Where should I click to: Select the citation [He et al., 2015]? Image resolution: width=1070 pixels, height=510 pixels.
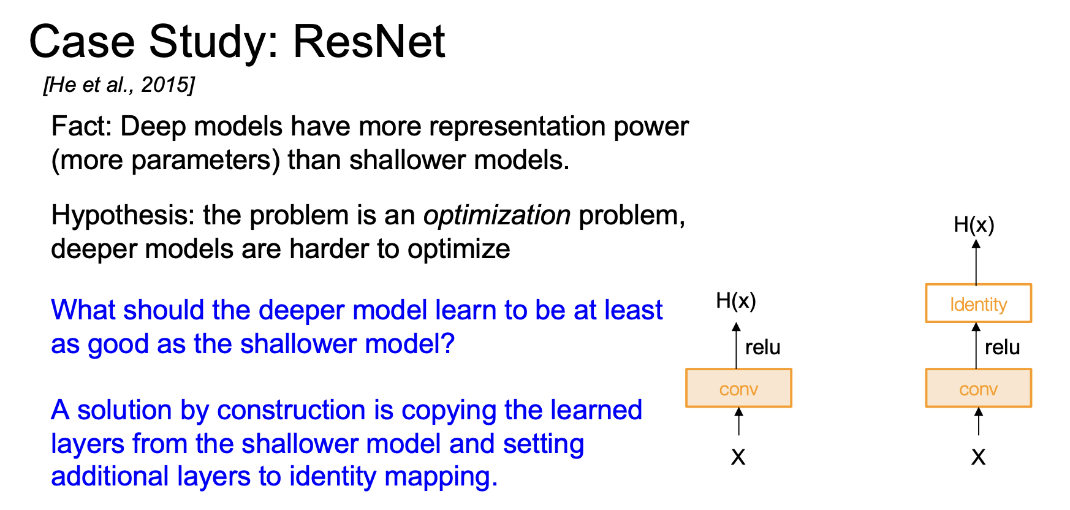pyautogui.click(x=119, y=85)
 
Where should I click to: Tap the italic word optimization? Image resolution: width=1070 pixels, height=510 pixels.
pyautogui.click(x=497, y=215)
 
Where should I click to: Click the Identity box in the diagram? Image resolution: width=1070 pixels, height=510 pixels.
pyautogui.click(x=978, y=303)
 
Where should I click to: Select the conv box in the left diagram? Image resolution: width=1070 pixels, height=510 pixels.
pyautogui.click(x=738, y=388)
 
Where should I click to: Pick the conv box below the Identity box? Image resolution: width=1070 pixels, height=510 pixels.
pyautogui.click(x=978, y=388)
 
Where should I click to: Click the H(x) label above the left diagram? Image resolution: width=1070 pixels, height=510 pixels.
pyautogui.click(x=736, y=301)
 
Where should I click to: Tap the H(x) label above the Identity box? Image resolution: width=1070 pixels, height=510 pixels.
pyautogui.click(x=974, y=225)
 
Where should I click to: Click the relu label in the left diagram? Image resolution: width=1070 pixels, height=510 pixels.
pyautogui.click(x=762, y=348)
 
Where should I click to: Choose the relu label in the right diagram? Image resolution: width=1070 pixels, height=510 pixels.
pyautogui.click(x=1002, y=348)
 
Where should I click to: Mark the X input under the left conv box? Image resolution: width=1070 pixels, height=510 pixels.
pyautogui.click(x=738, y=457)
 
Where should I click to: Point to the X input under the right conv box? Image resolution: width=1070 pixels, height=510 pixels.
pyautogui.click(x=978, y=457)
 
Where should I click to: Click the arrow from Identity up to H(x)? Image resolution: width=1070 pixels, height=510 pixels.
pyautogui.click(x=976, y=262)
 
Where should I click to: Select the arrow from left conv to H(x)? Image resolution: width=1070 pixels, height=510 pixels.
pyautogui.click(x=737, y=346)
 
